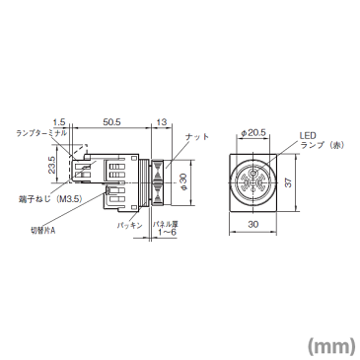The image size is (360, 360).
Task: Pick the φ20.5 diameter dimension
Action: coord(252,132)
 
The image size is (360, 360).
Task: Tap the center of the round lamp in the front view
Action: coord(252,180)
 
